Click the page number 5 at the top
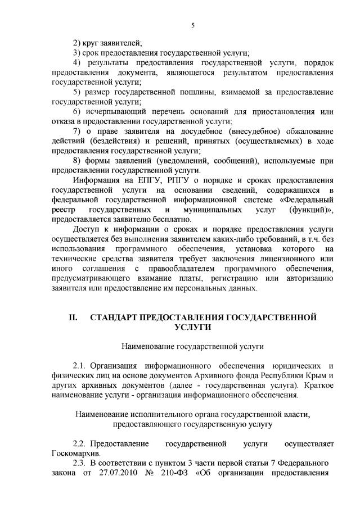point(192,25)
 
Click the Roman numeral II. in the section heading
point(73,317)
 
